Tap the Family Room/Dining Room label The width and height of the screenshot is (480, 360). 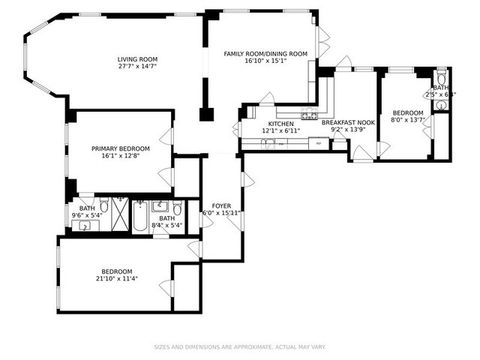pyautogui.click(x=255, y=53)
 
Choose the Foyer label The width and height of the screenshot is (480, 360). pyautogui.click(x=221, y=206)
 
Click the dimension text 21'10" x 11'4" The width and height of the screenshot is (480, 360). pyautogui.click(x=118, y=277)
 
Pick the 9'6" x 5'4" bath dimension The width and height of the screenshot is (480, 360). pyautogui.click(x=83, y=216)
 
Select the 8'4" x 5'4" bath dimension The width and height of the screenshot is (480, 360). pyautogui.click(x=166, y=225)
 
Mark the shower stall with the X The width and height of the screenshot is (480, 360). pyautogui.click(x=119, y=216)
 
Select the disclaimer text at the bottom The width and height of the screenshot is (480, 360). pyautogui.click(x=240, y=347)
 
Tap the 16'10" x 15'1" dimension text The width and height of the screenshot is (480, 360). pyautogui.click(x=255, y=61)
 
